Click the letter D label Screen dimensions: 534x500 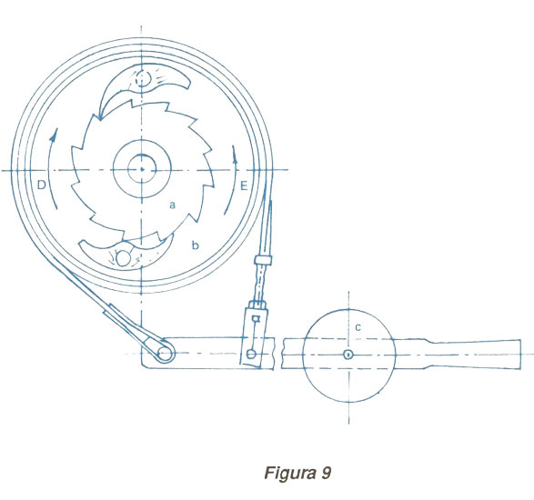coord(41,185)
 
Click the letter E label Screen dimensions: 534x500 coord(244,186)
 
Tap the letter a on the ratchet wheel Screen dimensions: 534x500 coord(173,205)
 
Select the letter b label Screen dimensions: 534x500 coord(195,245)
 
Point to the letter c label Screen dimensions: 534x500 coord(358,327)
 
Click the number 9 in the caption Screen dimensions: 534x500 coord(326,473)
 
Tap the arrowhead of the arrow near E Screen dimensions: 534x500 coord(235,155)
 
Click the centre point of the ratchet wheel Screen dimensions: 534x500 coord(142,169)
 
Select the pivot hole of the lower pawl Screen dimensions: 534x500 coord(122,259)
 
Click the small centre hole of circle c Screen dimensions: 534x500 coord(348,355)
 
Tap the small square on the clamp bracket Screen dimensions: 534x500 coord(257,318)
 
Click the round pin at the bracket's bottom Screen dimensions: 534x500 coord(251,355)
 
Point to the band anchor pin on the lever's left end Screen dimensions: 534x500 coord(166,354)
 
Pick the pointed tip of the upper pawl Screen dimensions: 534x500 coord(100,118)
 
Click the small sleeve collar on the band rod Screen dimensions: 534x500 coord(263,261)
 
